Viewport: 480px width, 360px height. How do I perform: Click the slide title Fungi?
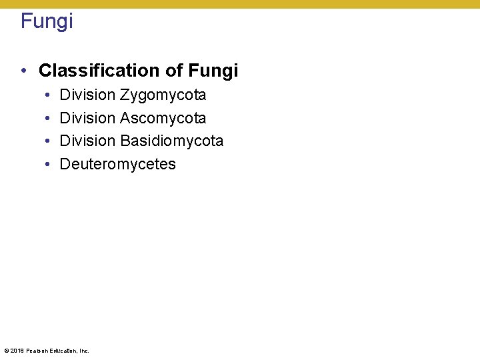coord(47,21)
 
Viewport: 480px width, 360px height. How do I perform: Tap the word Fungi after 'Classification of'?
coord(213,71)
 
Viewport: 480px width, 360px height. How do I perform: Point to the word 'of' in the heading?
coord(175,71)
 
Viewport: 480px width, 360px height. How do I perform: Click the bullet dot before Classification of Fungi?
coord(23,71)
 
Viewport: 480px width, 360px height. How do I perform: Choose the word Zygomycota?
coord(163,95)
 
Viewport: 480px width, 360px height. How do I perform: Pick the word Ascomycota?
coord(163,119)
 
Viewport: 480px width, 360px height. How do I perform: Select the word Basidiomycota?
coord(172,141)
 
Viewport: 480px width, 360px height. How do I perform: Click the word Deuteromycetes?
coord(118,164)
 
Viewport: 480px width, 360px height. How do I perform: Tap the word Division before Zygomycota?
coord(88,95)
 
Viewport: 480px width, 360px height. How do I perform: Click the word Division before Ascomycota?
coord(88,119)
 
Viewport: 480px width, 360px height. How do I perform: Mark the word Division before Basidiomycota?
coord(88,141)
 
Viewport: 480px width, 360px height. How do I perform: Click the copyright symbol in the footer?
coord(6,351)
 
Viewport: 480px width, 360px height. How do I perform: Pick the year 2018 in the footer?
coord(17,351)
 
